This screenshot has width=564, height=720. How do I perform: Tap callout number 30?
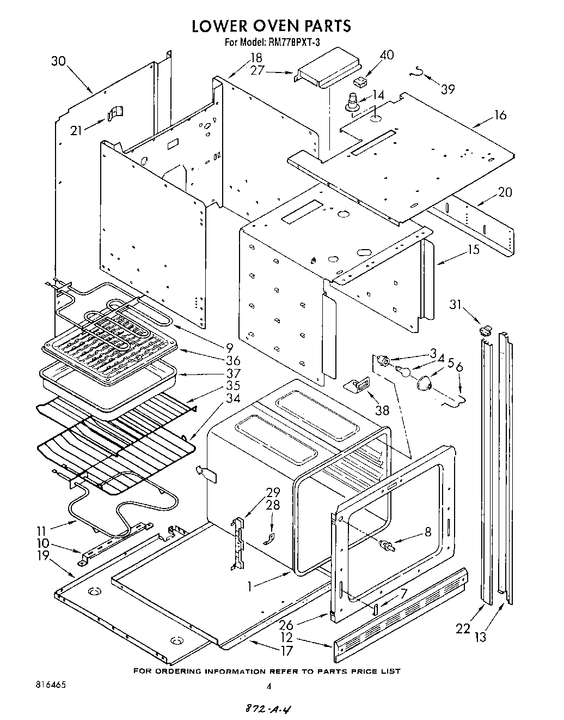coord(58,61)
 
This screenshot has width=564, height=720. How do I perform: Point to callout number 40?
coord(387,55)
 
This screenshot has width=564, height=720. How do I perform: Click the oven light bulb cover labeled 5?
coord(425,384)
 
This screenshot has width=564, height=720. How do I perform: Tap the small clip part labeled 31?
coord(485,329)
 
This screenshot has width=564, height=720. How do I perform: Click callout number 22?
coord(463,628)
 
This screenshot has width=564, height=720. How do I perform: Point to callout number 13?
coord(481,636)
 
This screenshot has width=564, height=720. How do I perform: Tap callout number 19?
coord(42,556)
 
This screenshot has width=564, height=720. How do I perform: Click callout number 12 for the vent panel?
coord(287,637)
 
